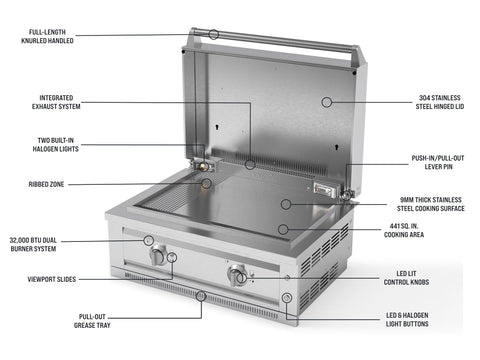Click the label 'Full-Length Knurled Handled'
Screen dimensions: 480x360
coord(47,36)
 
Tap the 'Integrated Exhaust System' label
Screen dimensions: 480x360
coord(56,102)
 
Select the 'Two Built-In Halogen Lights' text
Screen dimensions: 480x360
coord(55,145)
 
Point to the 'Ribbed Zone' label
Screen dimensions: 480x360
coord(46,184)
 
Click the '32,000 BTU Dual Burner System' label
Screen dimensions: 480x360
coord(33,244)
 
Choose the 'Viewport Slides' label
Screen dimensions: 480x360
coord(52,279)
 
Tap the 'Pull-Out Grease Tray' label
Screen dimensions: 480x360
coord(92,321)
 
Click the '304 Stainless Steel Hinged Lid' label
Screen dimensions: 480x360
coord(440,102)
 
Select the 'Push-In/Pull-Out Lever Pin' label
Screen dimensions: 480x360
coord(438,162)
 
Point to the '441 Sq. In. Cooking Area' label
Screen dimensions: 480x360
coord(404,230)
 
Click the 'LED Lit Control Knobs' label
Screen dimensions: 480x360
coord(406,278)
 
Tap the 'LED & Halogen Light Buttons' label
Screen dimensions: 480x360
coord(407,319)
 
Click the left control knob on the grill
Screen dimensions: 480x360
coord(158,256)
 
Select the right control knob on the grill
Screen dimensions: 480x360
coord(237,275)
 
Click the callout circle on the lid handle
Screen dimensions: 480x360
coord(214,34)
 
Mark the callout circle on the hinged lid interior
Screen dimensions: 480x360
coord(327,102)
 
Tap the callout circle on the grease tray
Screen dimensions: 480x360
coord(201,296)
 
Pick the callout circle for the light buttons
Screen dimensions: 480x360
coord(287,298)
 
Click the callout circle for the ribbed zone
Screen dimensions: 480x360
coord(207,183)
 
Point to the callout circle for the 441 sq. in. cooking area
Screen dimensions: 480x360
coord(283,229)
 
